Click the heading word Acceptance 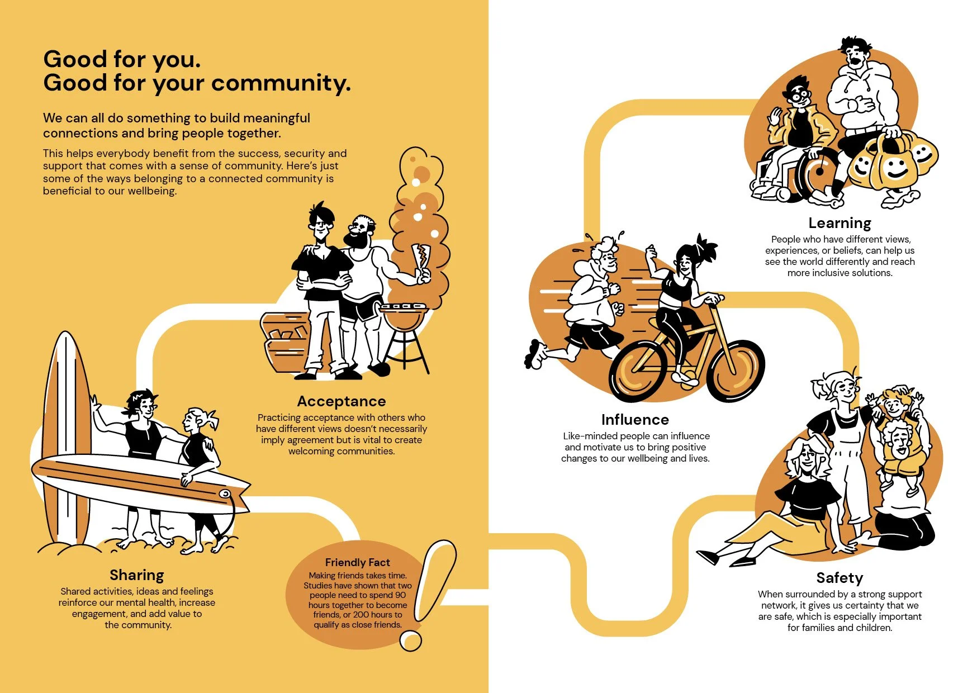coord(342,401)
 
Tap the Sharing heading coord(137,576)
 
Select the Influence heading coord(635,420)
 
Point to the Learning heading coord(840,224)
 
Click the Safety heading coord(840,578)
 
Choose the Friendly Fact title coord(358,563)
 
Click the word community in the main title coord(281,83)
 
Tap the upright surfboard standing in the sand coord(67,436)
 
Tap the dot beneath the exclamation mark coord(411,640)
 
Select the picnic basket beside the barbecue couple coord(285,342)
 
